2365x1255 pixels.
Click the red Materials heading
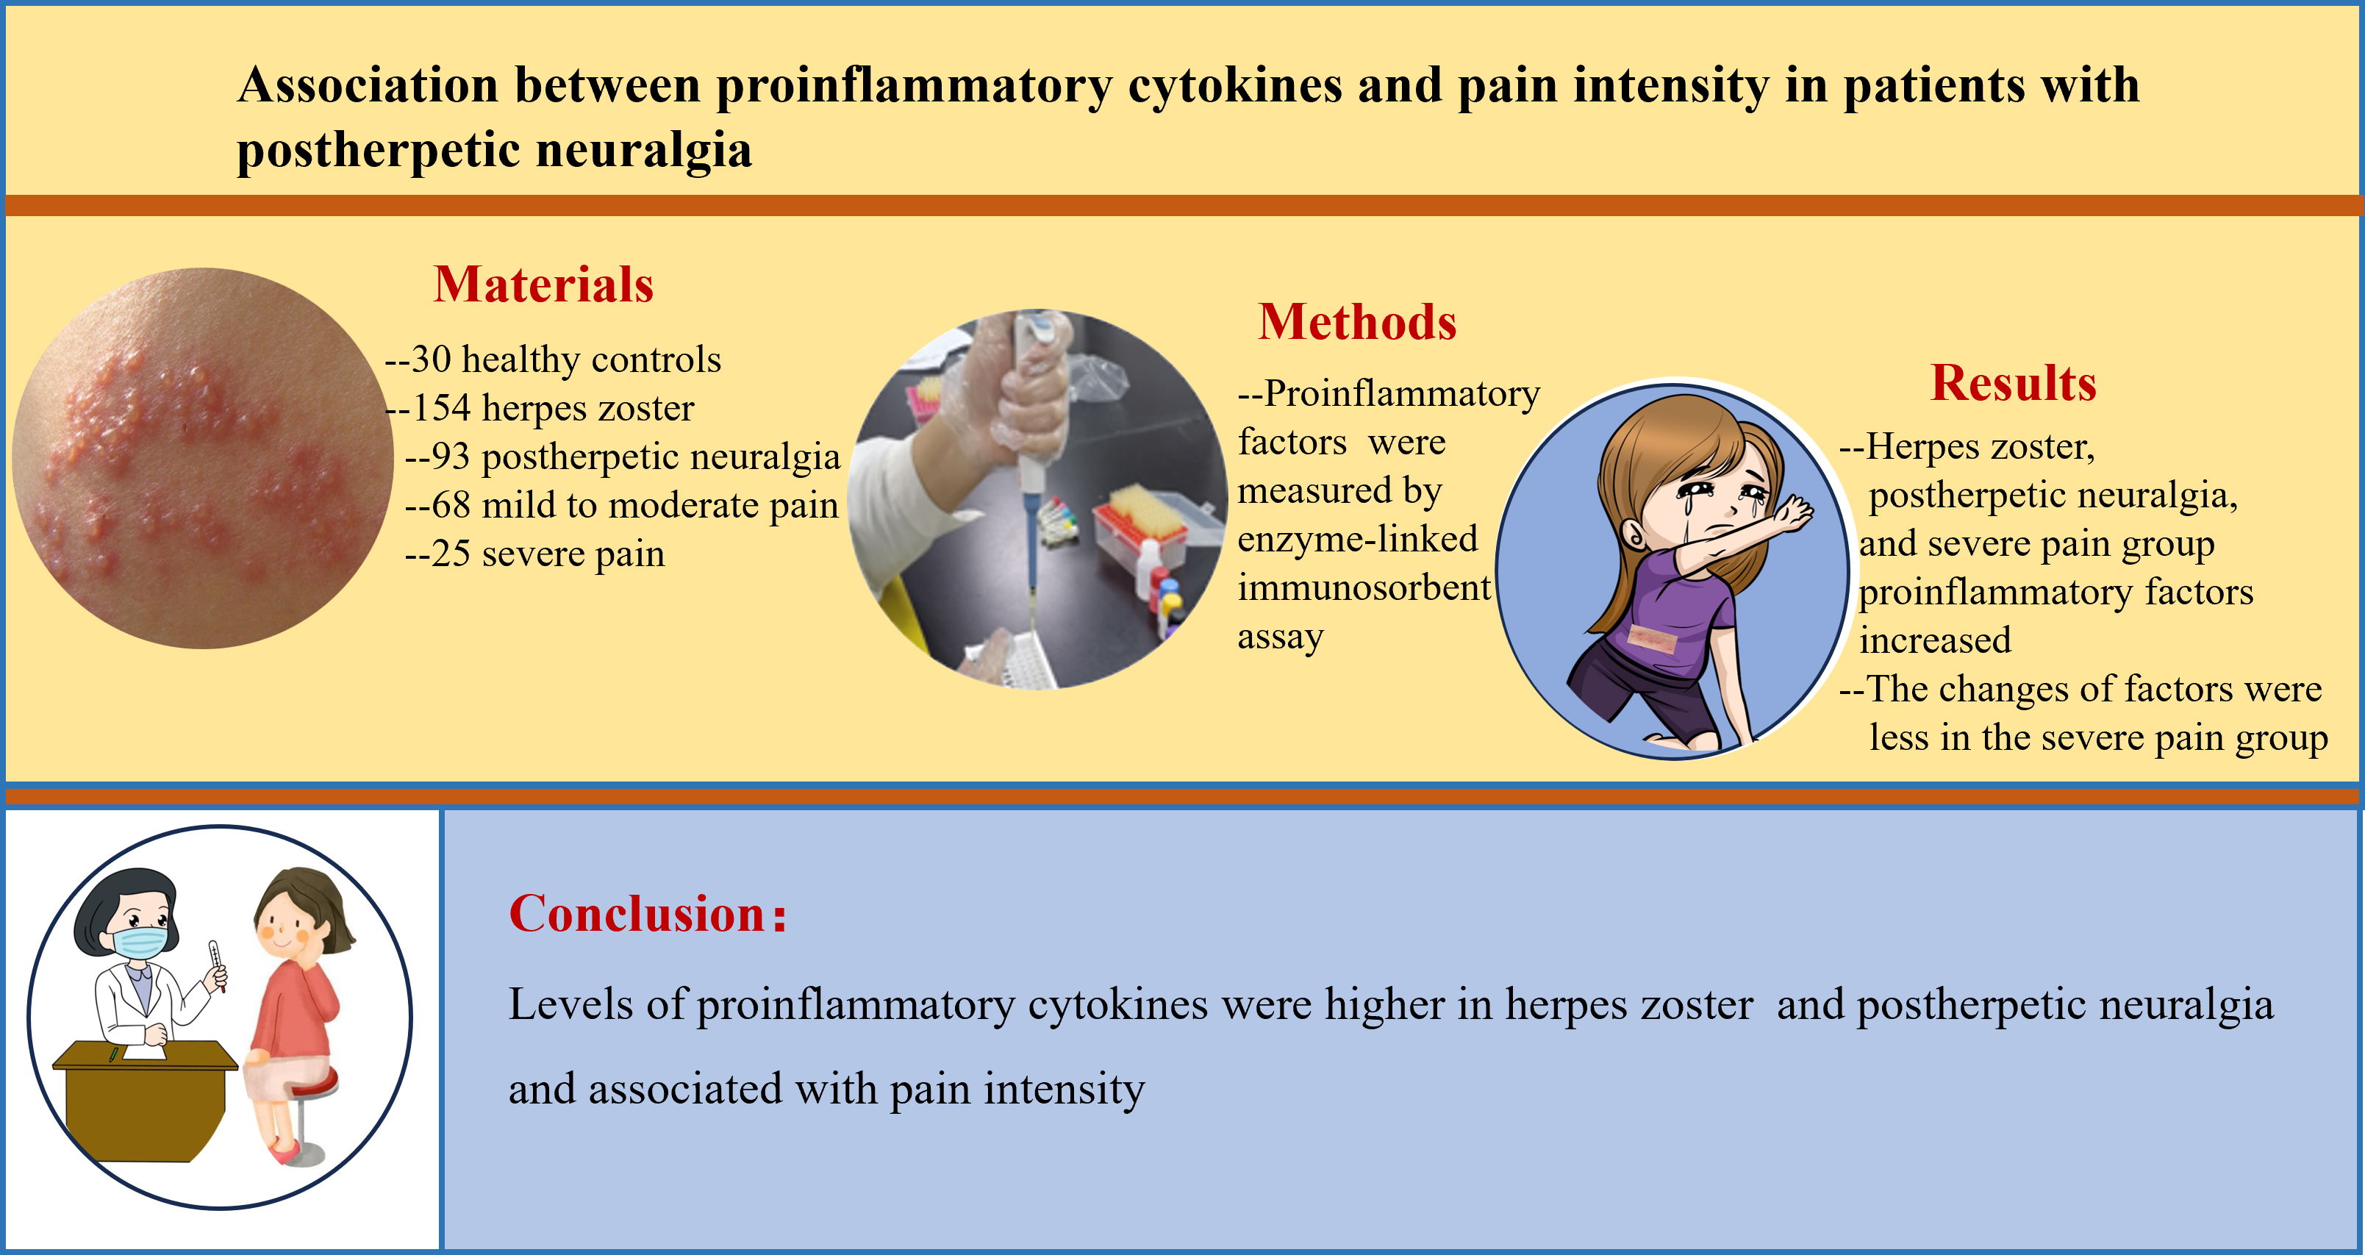(543, 285)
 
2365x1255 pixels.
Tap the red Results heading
(2014, 383)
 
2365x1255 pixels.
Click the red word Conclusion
(637, 915)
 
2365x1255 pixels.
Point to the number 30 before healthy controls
(431, 359)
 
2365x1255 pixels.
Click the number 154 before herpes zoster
(440, 407)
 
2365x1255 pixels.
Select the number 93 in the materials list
(450, 457)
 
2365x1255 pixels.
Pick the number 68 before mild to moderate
(450, 505)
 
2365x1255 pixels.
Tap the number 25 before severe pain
(450, 554)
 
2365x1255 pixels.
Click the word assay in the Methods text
(1280, 636)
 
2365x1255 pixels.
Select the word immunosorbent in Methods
(1364, 587)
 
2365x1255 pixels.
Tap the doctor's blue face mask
(140, 943)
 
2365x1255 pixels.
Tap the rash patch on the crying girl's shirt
(1650, 639)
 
